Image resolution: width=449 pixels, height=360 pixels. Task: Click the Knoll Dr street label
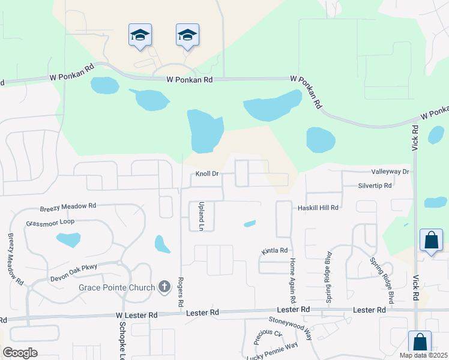pyautogui.click(x=207, y=174)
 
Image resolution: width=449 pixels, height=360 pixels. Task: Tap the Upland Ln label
pyautogui.click(x=202, y=216)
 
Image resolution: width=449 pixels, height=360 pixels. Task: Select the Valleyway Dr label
pyautogui.click(x=390, y=172)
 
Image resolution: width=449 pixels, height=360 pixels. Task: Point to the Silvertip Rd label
pyautogui.click(x=375, y=186)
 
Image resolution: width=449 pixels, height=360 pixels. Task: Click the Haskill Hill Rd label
pyautogui.click(x=319, y=207)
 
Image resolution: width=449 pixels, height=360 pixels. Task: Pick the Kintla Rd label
pyautogui.click(x=275, y=250)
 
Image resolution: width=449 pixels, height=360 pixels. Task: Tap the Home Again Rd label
pyautogui.click(x=293, y=280)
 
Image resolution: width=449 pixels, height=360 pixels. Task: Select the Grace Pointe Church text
pyautogui.click(x=116, y=287)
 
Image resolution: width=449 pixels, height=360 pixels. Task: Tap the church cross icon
pyautogui.click(x=165, y=287)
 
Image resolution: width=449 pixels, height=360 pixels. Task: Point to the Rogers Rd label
pyautogui.click(x=180, y=292)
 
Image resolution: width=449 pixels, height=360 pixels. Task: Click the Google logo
pyautogui.click(x=20, y=353)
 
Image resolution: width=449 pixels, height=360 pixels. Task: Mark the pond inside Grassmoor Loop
pyautogui.click(x=68, y=240)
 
